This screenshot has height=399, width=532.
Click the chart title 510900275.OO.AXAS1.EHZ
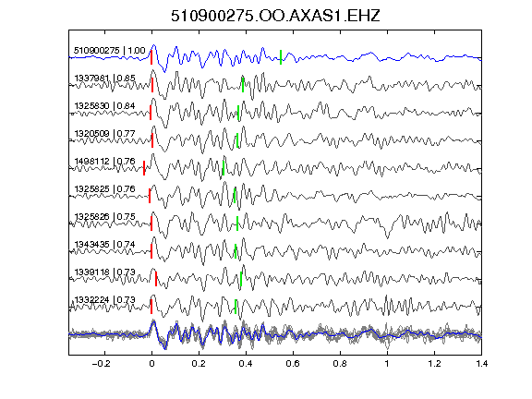275,16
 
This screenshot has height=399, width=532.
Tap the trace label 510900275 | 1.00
110,51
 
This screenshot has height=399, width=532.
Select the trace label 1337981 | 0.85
105,79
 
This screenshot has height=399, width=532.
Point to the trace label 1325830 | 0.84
105,106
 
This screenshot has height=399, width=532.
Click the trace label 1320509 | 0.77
105,134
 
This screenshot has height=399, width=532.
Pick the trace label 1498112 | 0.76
105,161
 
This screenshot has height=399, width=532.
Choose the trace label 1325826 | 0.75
105,216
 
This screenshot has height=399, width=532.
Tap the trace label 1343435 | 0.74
105,244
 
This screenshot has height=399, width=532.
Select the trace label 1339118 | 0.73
105,272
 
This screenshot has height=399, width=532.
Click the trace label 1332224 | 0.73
105,300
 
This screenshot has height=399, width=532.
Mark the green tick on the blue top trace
281,57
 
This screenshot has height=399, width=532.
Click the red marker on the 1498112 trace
144,168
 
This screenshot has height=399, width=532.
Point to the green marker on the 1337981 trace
243,85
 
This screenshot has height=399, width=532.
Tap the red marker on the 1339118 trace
156,279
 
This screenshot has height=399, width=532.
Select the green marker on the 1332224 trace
236,307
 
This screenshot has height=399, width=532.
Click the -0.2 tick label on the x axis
102,364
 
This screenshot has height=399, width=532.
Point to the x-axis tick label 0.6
293,364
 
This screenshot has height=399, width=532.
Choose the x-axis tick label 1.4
481,364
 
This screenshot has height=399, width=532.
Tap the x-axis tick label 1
387,364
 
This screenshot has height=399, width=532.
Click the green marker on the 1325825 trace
235,196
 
